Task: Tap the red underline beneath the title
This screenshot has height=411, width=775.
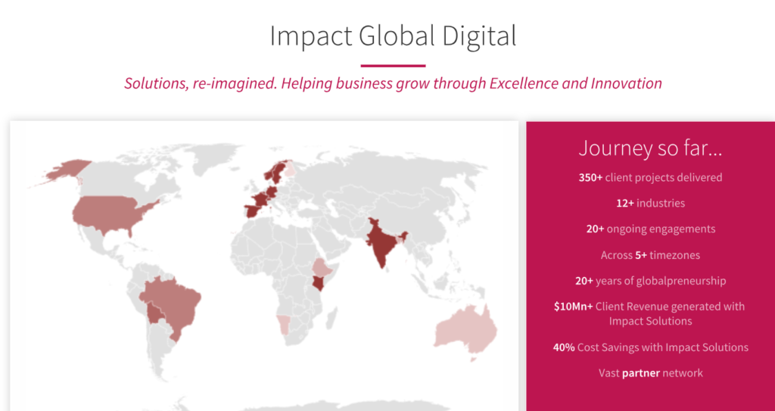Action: click(393, 65)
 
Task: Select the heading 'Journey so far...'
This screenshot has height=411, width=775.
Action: click(650, 148)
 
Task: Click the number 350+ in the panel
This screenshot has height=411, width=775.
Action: click(590, 177)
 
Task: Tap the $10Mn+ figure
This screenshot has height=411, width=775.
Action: click(574, 306)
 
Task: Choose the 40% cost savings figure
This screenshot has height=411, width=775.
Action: click(564, 347)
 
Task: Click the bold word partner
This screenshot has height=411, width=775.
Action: click(641, 373)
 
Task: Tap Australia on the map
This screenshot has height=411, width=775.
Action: click(466, 330)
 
